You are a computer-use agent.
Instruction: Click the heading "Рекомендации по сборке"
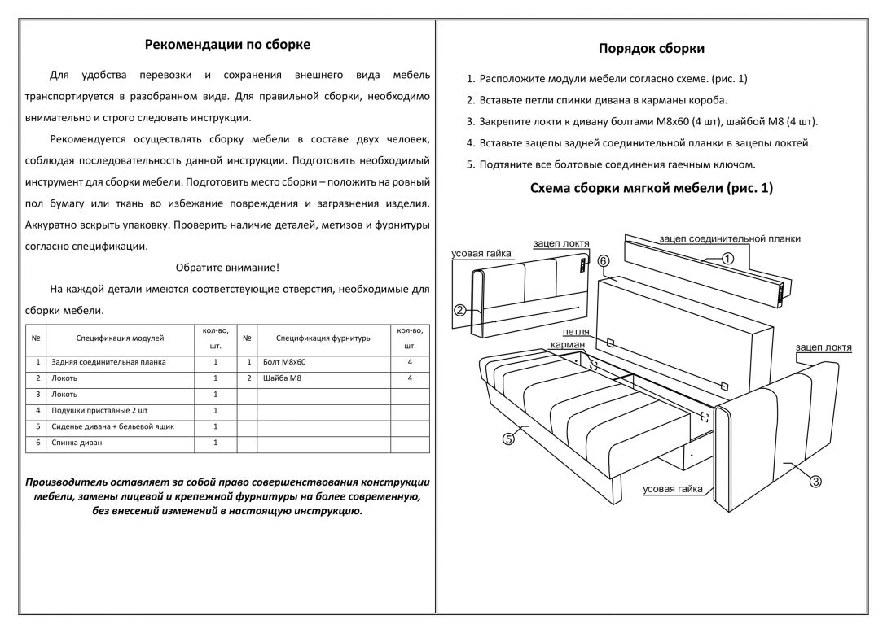(227, 45)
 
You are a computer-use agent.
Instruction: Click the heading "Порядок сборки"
(652, 49)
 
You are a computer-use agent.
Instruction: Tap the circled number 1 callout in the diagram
(727, 259)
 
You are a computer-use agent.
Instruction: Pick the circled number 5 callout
(508, 439)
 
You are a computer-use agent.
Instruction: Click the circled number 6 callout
(604, 261)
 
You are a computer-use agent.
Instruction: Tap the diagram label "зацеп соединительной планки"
(730, 239)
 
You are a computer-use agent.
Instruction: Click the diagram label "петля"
(576, 333)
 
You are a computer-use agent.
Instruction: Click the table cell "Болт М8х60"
(284, 362)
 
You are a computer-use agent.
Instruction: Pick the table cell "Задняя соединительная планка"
(108, 362)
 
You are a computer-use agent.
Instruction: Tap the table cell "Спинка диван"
(77, 443)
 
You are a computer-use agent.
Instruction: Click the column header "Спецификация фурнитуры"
(323, 337)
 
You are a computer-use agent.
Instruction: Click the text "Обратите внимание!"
(227, 267)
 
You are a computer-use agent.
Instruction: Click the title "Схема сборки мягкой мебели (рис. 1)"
(652, 188)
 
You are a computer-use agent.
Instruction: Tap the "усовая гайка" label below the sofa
(672, 489)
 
